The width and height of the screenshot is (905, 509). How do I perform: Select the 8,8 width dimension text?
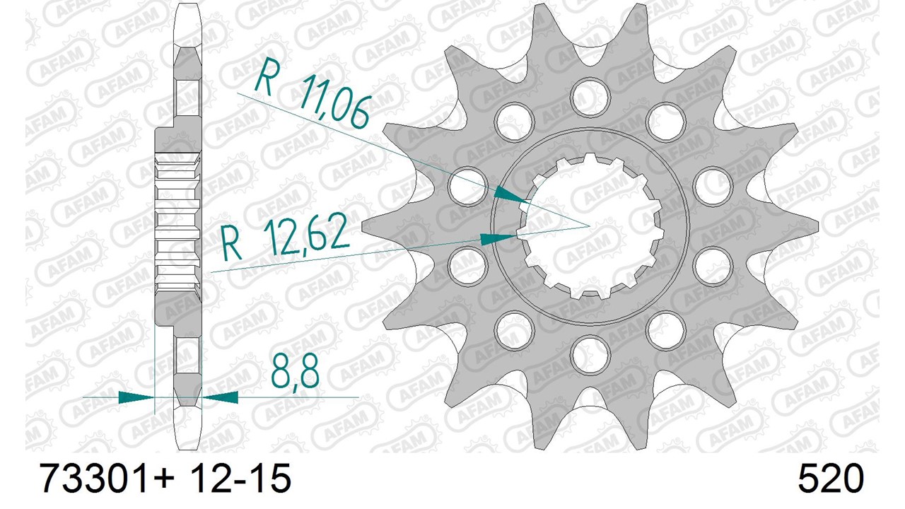click(x=295, y=371)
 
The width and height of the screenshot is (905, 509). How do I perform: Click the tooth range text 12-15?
click(x=241, y=479)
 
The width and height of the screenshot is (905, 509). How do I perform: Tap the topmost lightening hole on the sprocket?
click(x=590, y=96)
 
